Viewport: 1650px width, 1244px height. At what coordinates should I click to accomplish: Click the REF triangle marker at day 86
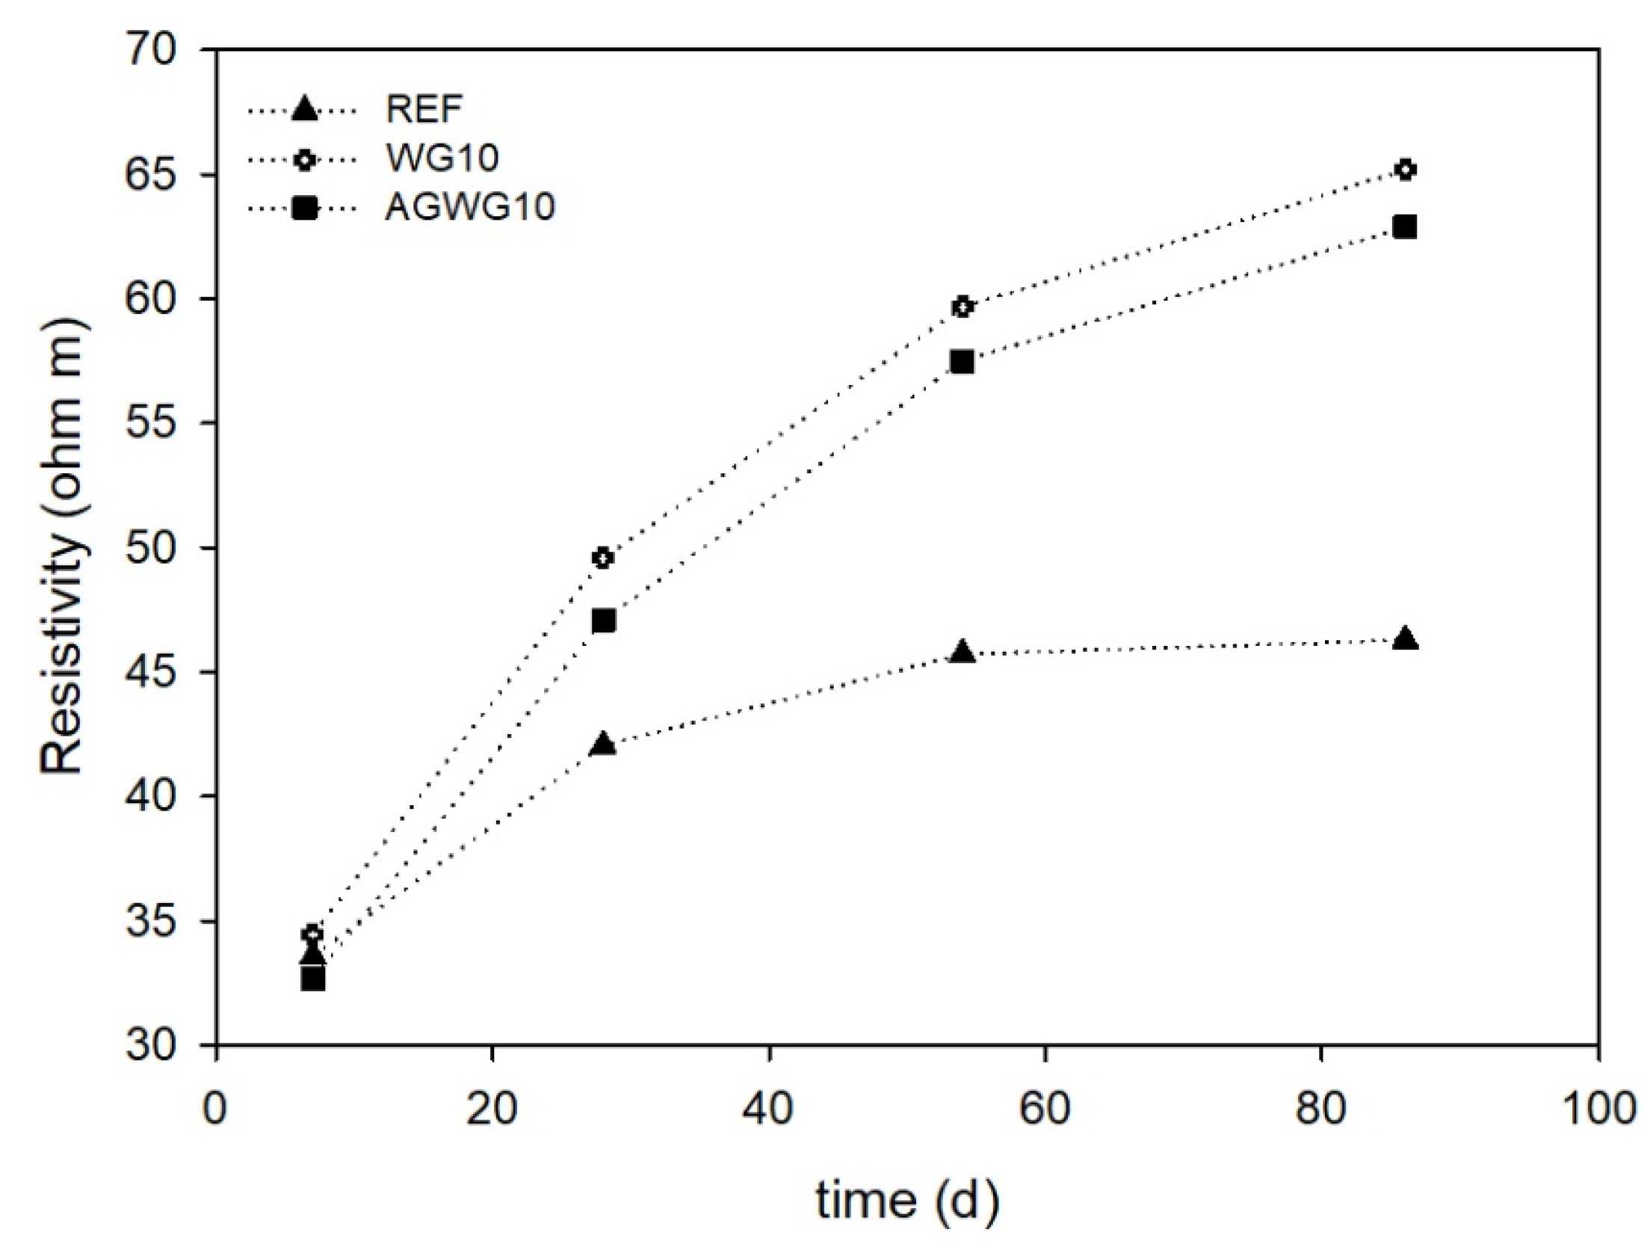[1405, 639]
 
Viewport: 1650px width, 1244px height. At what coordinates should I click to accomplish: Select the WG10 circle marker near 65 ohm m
[1405, 170]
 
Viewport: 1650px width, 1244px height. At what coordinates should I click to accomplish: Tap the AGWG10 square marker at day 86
[1405, 227]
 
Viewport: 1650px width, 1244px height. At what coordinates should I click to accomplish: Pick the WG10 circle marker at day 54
[962, 307]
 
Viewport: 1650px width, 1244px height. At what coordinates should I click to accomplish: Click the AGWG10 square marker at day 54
[962, 362]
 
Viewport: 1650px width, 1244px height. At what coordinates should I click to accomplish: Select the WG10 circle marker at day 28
[603, 558]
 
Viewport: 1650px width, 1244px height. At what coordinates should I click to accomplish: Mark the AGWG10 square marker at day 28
[603, 621]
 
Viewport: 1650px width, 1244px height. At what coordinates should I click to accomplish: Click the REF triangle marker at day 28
[602, 745]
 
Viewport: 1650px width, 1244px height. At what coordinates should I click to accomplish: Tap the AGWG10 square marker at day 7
[313, 979]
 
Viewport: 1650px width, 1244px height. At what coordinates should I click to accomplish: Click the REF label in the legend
[424, 110]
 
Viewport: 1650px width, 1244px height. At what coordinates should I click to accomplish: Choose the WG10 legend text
[442, 158]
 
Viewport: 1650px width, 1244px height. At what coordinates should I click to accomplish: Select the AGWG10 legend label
[470, 206]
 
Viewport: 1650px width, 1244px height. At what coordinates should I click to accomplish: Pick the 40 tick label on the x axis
[768, 1108]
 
